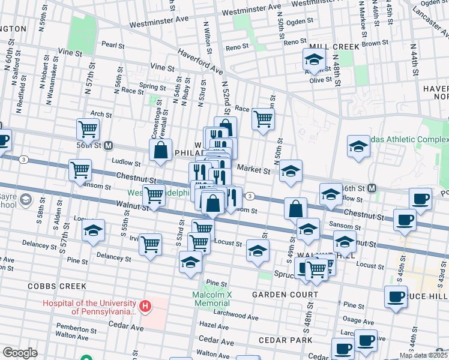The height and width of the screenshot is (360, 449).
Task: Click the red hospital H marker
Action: (x=145, y=307)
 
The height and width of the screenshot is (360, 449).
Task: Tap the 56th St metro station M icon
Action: (x=109, y=145)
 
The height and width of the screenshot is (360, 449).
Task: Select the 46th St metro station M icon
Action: (x=372, y=188)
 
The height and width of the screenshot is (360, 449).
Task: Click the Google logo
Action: (x=20, y=352)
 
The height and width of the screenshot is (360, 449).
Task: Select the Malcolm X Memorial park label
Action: (x=211, y=299)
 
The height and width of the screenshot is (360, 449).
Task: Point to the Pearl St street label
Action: (x=112, y=45)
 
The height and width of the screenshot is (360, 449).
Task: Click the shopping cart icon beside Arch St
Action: (x=88, y=128)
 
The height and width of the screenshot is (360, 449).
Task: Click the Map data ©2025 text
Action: (x=423, y=355)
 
